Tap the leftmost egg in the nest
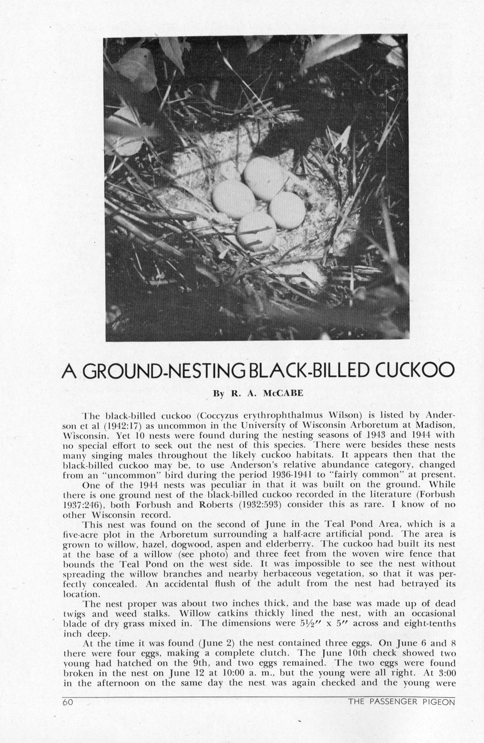(x=233, y=200)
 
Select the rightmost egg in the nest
(x=287, y=210)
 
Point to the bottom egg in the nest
(x=257, y=229)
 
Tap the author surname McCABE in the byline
(x=283, y=393)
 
